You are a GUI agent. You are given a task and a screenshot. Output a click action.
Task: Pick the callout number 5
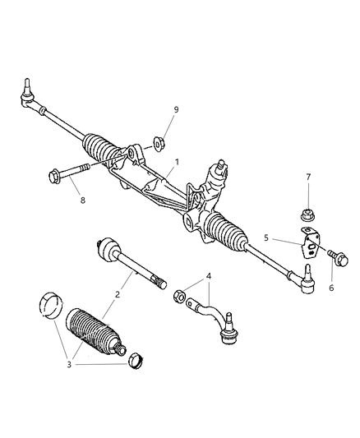click(265, 239)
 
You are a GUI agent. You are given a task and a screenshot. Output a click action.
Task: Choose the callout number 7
click(308, 176)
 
